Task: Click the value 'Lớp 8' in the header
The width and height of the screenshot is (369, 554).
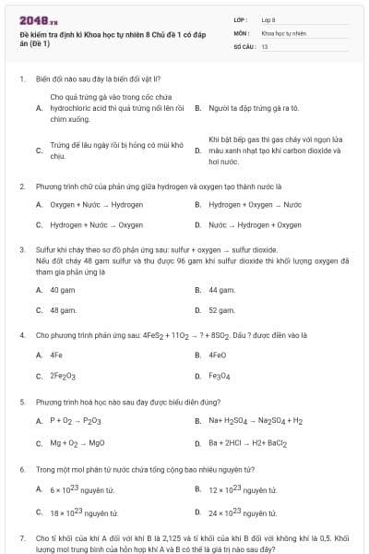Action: point(268,19)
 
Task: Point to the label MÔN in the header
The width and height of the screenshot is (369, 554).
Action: point(240,32)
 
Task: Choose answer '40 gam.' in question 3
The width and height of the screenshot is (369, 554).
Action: point(62,289)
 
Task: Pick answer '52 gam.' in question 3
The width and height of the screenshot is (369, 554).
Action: point(221,310)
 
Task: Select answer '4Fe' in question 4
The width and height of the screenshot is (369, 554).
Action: point(56,355)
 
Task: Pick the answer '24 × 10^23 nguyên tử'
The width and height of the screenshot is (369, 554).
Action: point(243,511)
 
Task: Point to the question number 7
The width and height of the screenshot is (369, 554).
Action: point(21,537)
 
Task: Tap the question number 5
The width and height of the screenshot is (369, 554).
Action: point(21,403)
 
